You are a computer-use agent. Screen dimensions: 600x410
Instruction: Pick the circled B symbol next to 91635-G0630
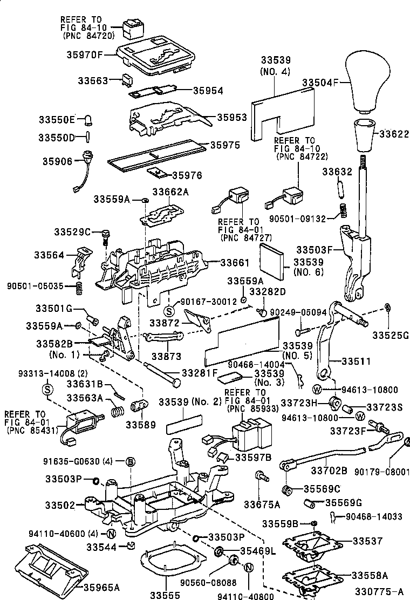pos(130,461)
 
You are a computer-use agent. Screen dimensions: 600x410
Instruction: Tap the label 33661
pos(235,263)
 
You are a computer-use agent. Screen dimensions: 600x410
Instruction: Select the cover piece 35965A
pos(51,567)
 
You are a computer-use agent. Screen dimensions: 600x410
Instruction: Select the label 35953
pos(232,117)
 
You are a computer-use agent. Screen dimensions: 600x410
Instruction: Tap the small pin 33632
pos(340,189)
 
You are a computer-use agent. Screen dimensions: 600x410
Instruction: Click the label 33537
pos(367,540)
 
